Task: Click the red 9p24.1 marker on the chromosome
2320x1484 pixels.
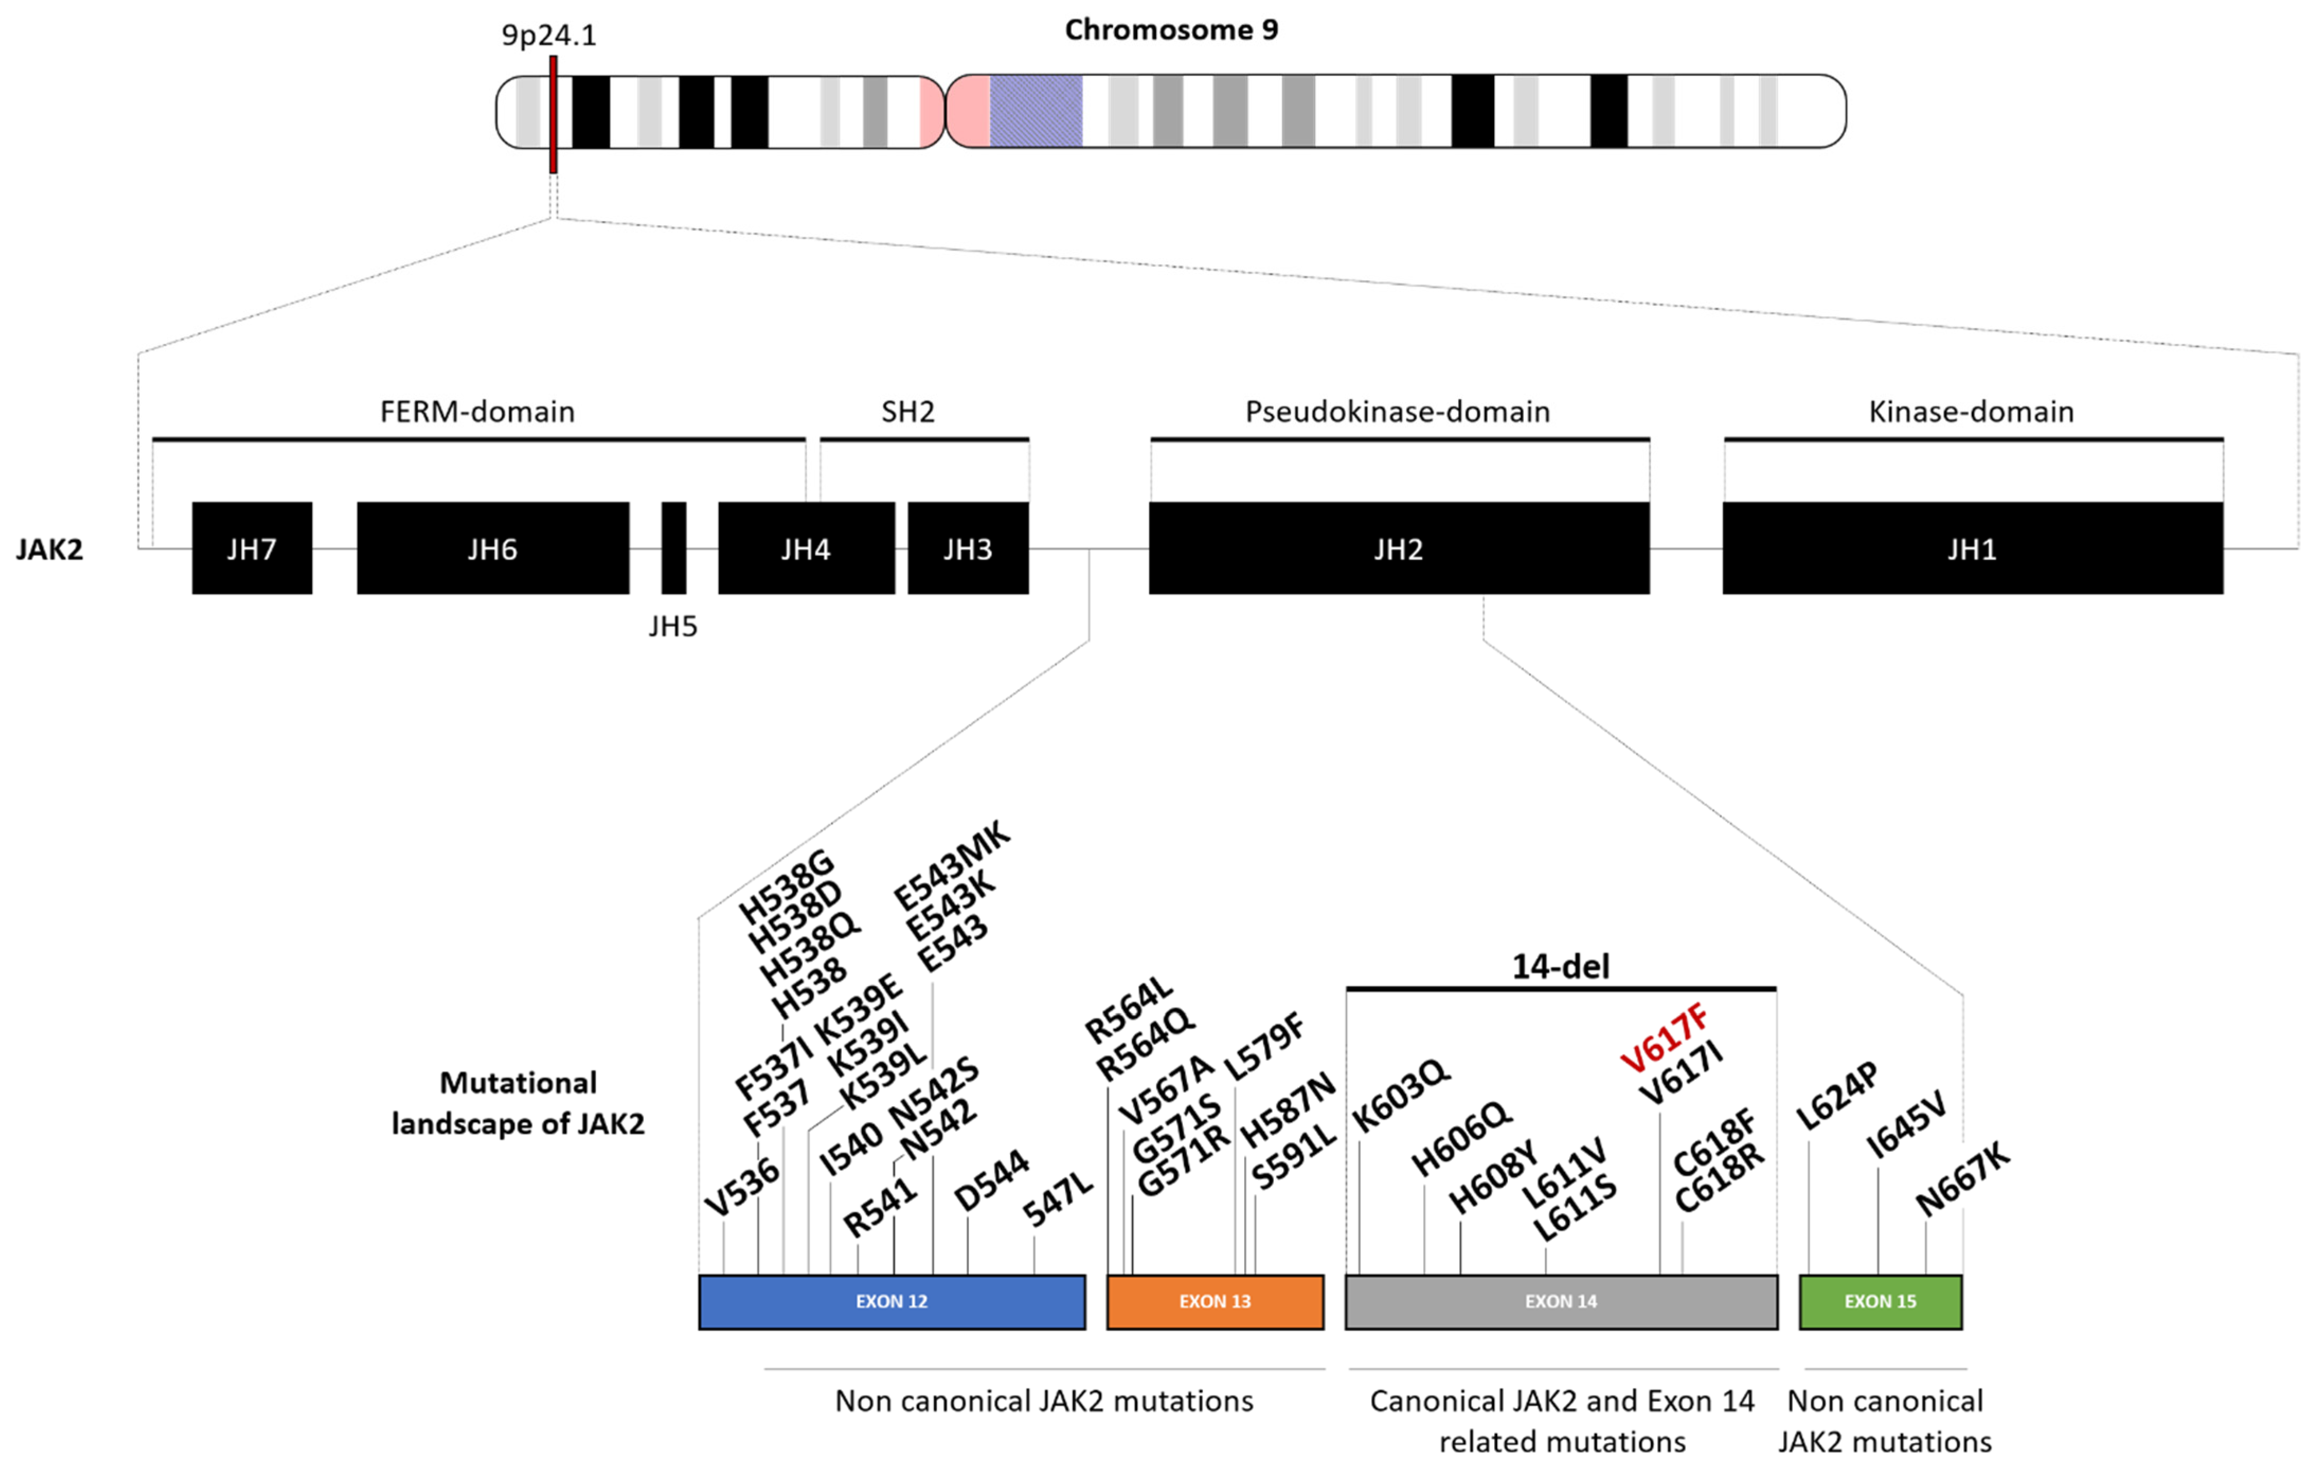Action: click(x=553, y=114)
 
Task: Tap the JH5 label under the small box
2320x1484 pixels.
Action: click(x=672, y=627)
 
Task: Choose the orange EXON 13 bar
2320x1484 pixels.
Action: click(x=1215, y=1302)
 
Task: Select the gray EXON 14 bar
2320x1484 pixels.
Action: click(x=1561, y=1302)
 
